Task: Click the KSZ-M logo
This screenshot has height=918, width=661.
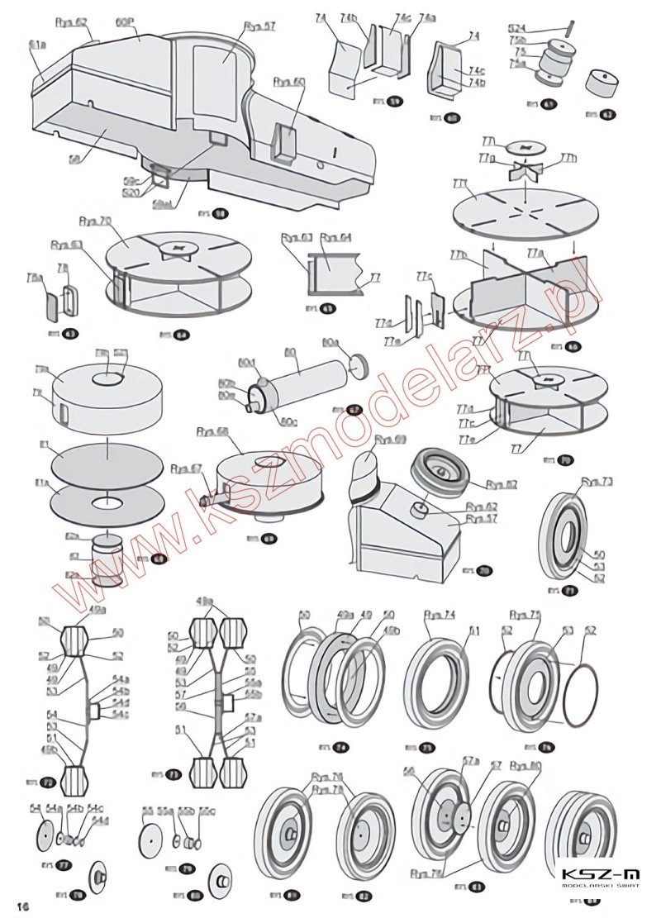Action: (x=600, y=877)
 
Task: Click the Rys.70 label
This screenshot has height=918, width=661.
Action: (x=95, y=221)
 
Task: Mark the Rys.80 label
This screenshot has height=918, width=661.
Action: (x=525, y=765)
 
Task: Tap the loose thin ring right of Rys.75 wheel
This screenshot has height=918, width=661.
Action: (x=587, y=687)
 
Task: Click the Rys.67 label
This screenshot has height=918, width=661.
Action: (x=186, y=469)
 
